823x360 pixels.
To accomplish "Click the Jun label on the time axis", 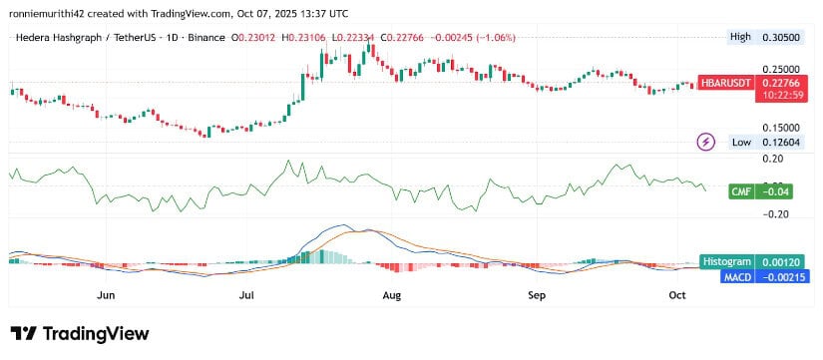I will (106, 295).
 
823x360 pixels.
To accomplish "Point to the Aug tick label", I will (392, 295).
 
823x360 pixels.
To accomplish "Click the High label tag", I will (740, 37).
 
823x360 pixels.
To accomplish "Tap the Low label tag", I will (740, 143).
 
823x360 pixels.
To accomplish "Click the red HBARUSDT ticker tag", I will (725, 84).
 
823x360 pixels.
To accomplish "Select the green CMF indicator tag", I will (739, 189).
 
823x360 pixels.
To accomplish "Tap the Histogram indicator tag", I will (727, 260).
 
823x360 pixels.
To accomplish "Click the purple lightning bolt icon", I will (706, 142).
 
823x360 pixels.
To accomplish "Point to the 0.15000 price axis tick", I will (782, 128).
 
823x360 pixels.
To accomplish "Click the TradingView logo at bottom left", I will (79, 334).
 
